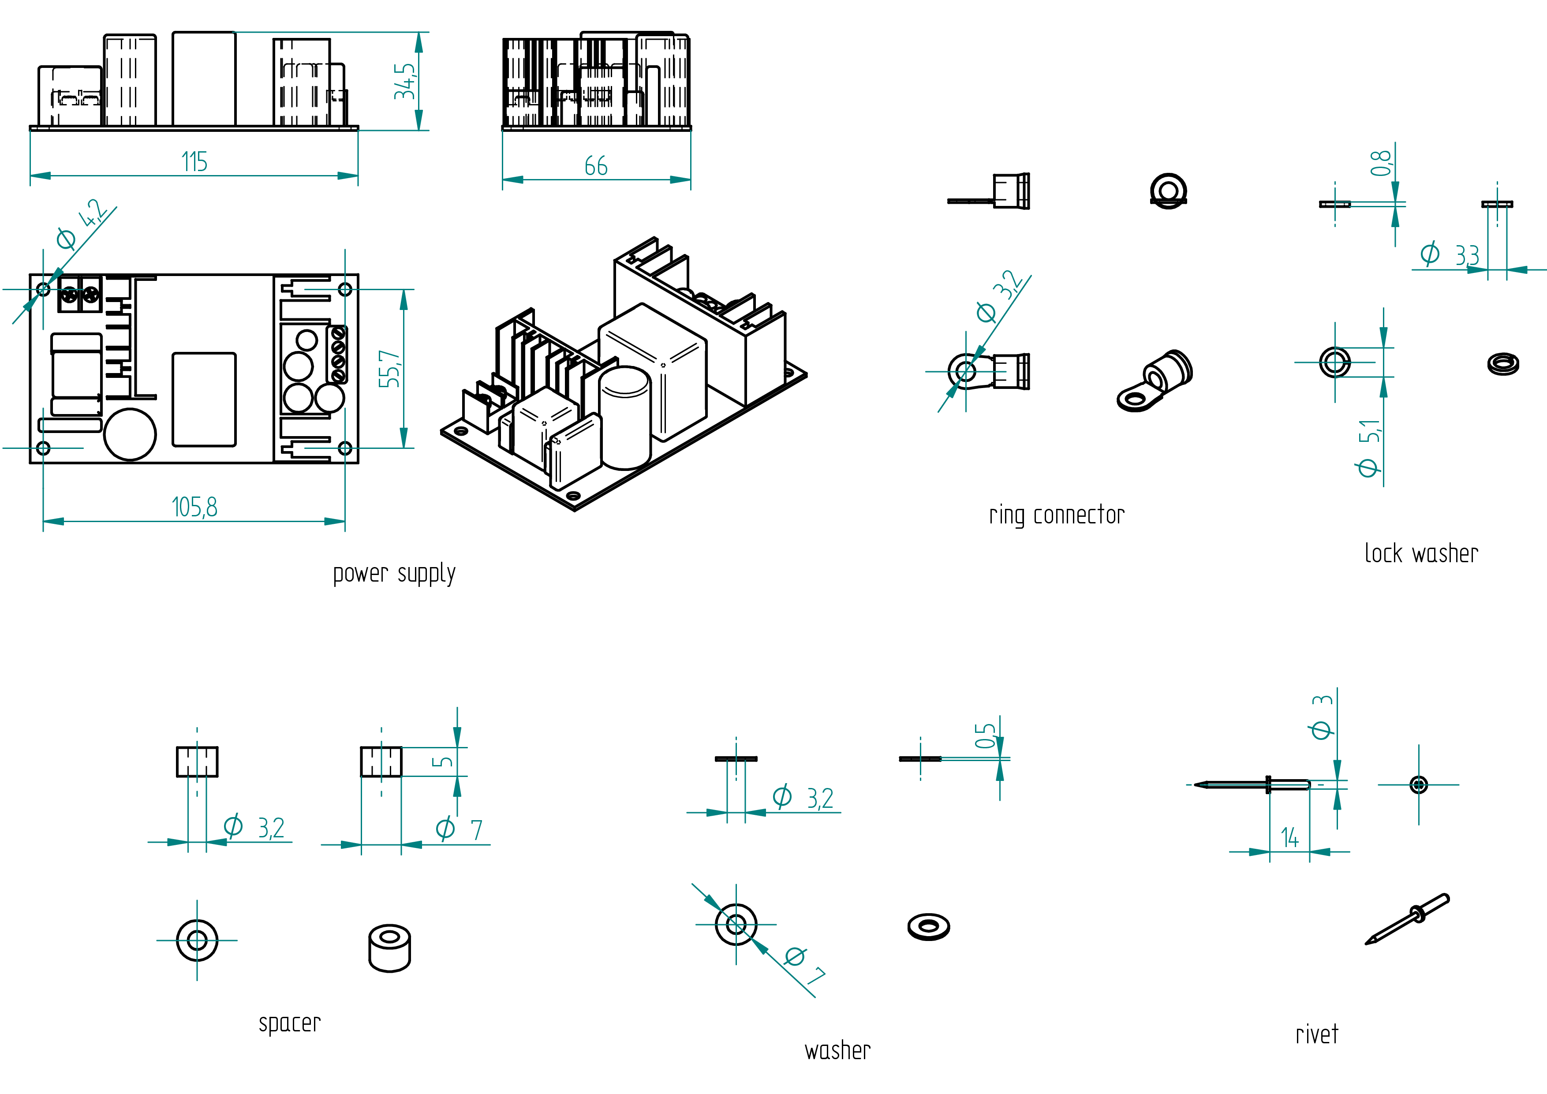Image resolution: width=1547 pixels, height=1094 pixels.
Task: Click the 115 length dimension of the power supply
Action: pyautogui.click(x=194, y=162)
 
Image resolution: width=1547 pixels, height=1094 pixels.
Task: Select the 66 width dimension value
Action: pyautogui.click(x=596, y=166)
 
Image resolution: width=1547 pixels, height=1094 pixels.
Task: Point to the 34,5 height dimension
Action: pyautogui.click(x=405, y=82)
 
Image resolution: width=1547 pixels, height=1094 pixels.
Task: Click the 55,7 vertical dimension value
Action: pyautogui.click(x=389, y=369)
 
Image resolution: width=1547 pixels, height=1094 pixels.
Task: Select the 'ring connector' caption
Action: pyautogui.click(x=1057, y=515)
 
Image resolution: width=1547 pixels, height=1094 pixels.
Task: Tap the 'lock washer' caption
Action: pyautogui.click(x=1421, y=554)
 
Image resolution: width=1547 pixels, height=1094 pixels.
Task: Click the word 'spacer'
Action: pyautogui.click(x=290, y=1023)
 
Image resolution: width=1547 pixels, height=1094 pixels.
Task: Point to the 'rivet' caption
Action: pyautogui.click(x=1316, y=1034)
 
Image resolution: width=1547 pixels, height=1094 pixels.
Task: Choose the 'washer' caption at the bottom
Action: pyautogui.click(x=837, y=1051)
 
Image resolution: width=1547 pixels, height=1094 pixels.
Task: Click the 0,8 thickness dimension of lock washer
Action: pyautogui.click(x=1381, y=163)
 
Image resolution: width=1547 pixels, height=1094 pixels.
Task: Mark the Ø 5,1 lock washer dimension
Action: pyautogui.click(x=1368, y=448)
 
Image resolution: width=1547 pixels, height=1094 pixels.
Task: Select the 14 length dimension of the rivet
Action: pyautogui.click(x=1289, y=838)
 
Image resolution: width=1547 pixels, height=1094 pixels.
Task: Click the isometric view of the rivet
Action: pyautogui.click(x=1407, y=919)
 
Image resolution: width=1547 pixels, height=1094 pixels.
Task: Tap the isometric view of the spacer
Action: pyautogui.click(x=389, y=948)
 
